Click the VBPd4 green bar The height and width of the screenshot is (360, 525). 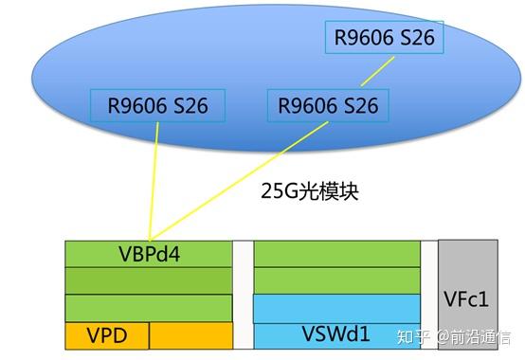tap(148, 254)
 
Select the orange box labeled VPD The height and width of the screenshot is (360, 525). tap(106, 335)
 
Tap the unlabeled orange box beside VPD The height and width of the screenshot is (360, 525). tap(190, 335)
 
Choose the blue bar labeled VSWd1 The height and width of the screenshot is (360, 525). tap(336, 335)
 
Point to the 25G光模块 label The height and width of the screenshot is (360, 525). tap(310, 191)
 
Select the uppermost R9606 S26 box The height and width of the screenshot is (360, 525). tap(384, 39)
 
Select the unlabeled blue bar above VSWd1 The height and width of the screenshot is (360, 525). tap(336, 309)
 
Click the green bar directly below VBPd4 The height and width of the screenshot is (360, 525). tap(148, 280)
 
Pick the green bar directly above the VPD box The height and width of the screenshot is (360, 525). tap(148, 308)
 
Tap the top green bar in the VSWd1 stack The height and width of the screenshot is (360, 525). tap(336, 254)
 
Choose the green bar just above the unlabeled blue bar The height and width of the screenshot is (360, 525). tap(336, 280)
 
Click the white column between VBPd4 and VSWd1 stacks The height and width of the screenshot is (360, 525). tap(243, 295)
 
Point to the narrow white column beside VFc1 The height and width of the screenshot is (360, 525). tap(429, 295)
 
